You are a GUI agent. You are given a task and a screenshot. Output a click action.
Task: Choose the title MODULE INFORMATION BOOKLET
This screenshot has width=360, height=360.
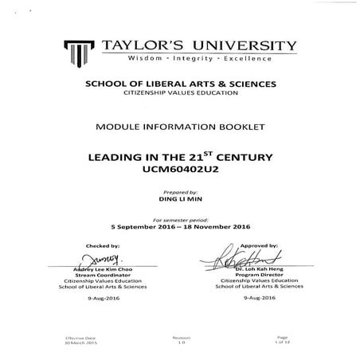tap(179, 127)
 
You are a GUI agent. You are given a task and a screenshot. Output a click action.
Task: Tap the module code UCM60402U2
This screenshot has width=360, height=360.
tap(179, 170)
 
